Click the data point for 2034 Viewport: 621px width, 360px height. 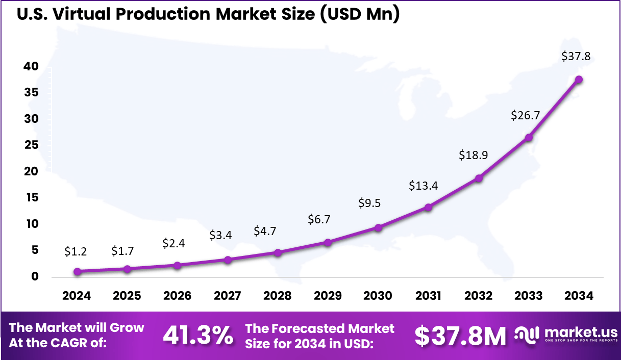579,80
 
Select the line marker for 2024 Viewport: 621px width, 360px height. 77,272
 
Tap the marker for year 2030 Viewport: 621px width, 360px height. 378,227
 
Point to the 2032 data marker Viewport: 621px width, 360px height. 479,178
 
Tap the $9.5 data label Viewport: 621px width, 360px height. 369,203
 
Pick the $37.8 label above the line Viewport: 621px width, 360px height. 576,57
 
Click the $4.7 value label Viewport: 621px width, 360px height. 265,231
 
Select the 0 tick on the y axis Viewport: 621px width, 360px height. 35,277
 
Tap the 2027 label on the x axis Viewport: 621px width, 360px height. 228,296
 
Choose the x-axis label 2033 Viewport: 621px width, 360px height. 529,296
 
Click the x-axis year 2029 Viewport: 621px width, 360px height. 328,296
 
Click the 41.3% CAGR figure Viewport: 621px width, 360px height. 198,336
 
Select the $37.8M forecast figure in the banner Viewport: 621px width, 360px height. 460,336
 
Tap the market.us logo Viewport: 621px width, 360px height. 565,335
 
